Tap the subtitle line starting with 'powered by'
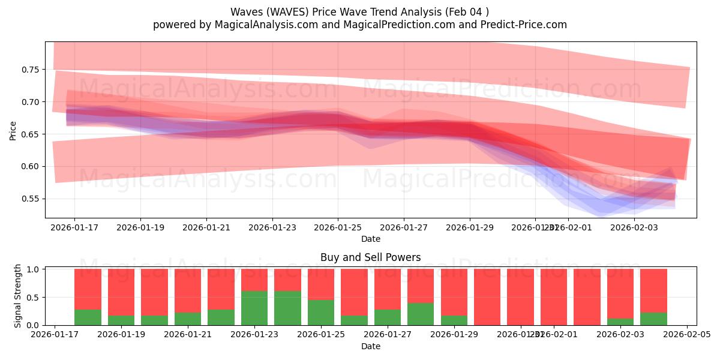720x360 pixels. (x=359, y=25)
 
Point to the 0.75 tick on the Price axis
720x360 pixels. (x=30, y=70)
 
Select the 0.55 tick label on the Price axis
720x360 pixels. (x=30, y=199)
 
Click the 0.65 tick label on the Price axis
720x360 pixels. (x=30, y=134)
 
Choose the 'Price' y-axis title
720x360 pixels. (x=13, y=130)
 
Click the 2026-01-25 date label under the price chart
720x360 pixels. (x=338, y=228)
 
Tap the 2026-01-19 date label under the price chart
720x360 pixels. (x=140, y=228)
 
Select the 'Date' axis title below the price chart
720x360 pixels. (x=371, y=239)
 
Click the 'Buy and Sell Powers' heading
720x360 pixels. (x=371, y=257)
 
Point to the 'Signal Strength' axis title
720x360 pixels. (x=18, y=296)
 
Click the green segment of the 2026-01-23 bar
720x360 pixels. (x=254, y=308)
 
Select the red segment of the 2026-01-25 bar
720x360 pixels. (x=321, y=284)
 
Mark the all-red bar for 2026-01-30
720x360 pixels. (x=487, y=297)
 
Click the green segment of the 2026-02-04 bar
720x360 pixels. (x=653, y=319)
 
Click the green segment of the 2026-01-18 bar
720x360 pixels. (x=88, y=317)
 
